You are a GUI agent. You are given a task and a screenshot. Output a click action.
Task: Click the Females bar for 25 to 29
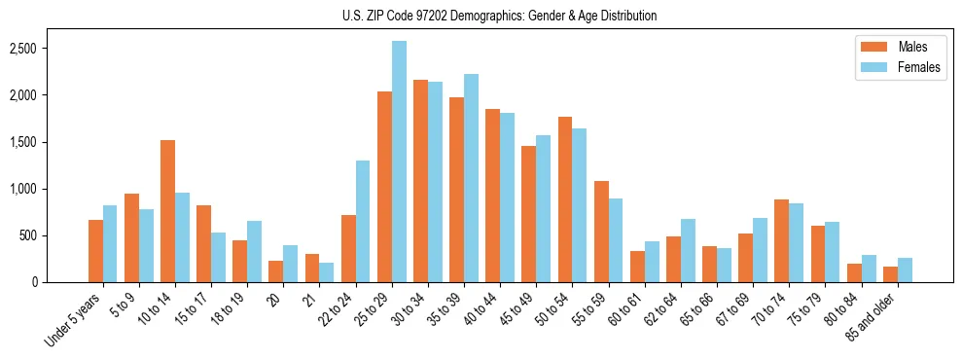[x=399, y=162]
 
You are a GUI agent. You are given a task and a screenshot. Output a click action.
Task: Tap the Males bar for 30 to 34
[x=420, y=181]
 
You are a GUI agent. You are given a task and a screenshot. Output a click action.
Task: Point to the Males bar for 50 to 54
[x=565, y=199]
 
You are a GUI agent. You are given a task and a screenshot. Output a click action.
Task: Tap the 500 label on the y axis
[x=56, y=235]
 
